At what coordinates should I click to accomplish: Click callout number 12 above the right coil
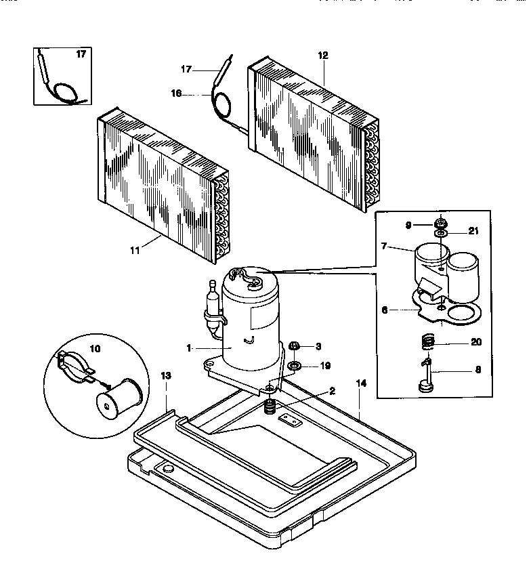point(323,55)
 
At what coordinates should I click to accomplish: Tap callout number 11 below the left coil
point(135,250)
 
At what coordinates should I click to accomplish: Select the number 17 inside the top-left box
point(81,54)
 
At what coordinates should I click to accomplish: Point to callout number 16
point(176,94)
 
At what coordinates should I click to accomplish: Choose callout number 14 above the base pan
point(361,383)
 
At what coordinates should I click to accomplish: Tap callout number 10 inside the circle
point(93,348)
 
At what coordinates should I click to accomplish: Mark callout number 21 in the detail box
point(473,232)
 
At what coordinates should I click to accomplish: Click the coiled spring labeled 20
point(425,341)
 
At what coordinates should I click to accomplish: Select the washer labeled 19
point(295,367)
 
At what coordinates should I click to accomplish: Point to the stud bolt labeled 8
point(427,376)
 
